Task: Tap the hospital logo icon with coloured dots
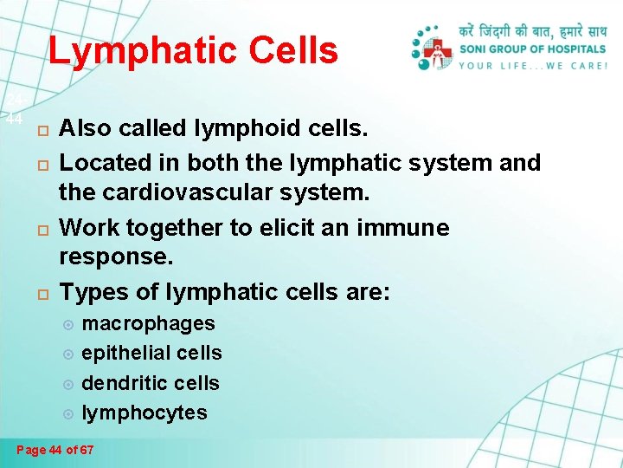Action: pos(433,49)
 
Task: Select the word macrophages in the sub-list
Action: pos(148,324)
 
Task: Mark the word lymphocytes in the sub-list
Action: pos(145,413)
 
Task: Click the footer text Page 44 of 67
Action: pos(55,450)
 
